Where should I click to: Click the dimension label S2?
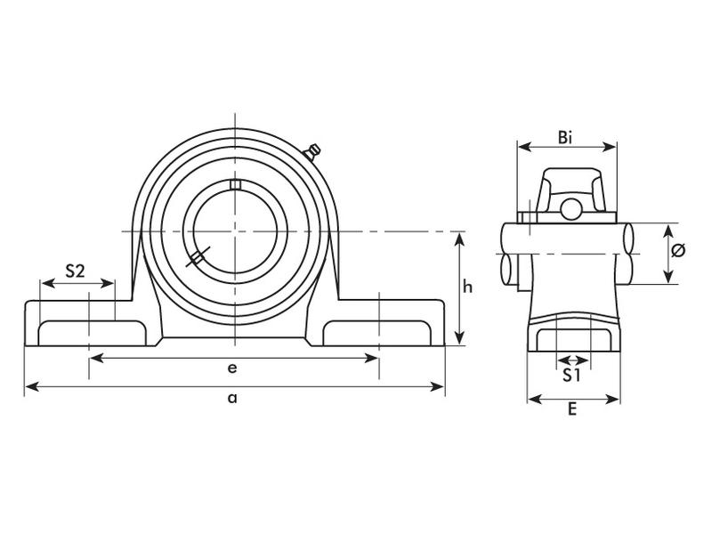click(76, 271)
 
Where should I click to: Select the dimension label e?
click(232, 368)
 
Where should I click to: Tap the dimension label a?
click(232, 399)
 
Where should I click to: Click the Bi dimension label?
click(566, 136)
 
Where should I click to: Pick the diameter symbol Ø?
click(677, 251)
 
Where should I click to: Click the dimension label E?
click(573, 409)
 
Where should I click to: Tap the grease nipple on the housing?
click(313, 152)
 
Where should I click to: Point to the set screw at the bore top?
click(235, 184)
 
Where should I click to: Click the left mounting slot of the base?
click(89, 332)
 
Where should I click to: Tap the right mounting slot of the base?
click(378, 332)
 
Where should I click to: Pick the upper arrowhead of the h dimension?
click(459, 237)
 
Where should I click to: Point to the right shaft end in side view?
click(628, 254)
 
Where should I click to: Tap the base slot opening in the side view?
click(572, 340)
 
